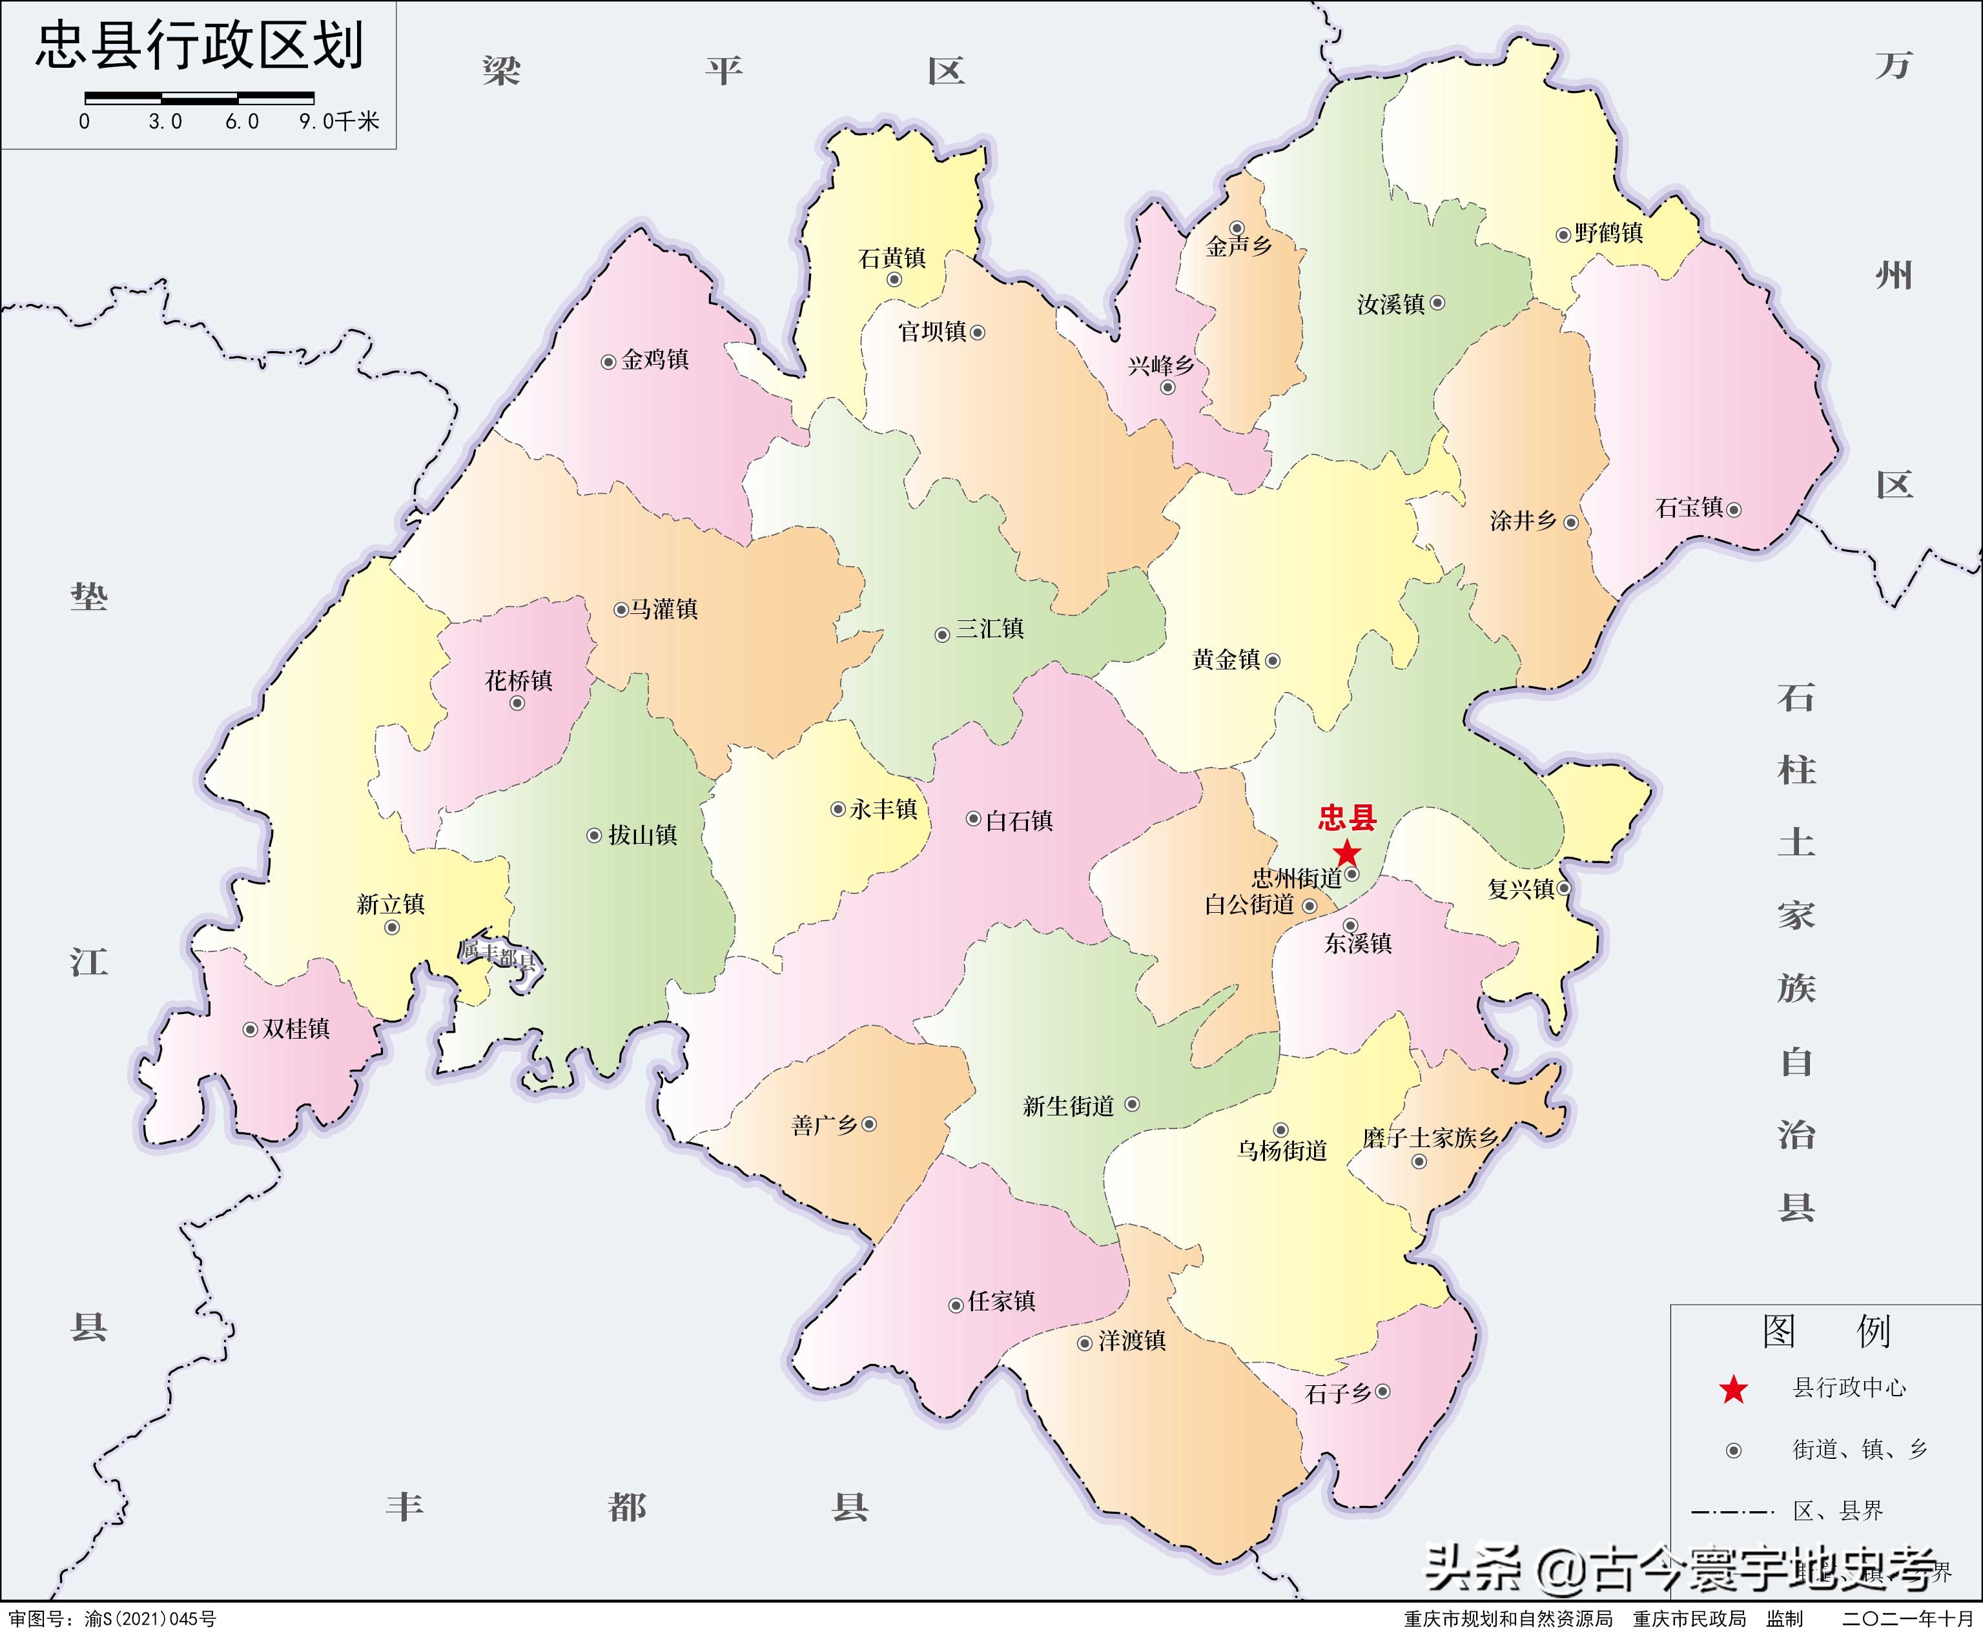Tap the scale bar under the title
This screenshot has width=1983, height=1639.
tap(200, 97)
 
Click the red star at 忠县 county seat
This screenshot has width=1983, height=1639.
tap(1346, 853)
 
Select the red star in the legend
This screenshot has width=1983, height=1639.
tap(1734, 1389)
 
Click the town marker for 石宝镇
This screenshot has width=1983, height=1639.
tap(1734, 510)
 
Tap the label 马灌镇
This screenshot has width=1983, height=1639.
tap(664, 609)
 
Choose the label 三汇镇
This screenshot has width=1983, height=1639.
tap(990, 629)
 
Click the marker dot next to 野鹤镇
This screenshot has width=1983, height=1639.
tap(1563, 234)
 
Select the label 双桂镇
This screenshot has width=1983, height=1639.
tap(296, 1029)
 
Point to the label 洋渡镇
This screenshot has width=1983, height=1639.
tap(1132, 1341)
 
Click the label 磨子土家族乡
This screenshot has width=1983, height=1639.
tap(1430, 1137)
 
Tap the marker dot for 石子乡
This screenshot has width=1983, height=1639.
tap(1382, 1390)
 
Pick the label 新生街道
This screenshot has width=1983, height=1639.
tap(1069, 1106)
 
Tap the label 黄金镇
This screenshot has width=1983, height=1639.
tap(1226, 660)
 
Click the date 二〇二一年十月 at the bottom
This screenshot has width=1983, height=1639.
tap(1907, 1619)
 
